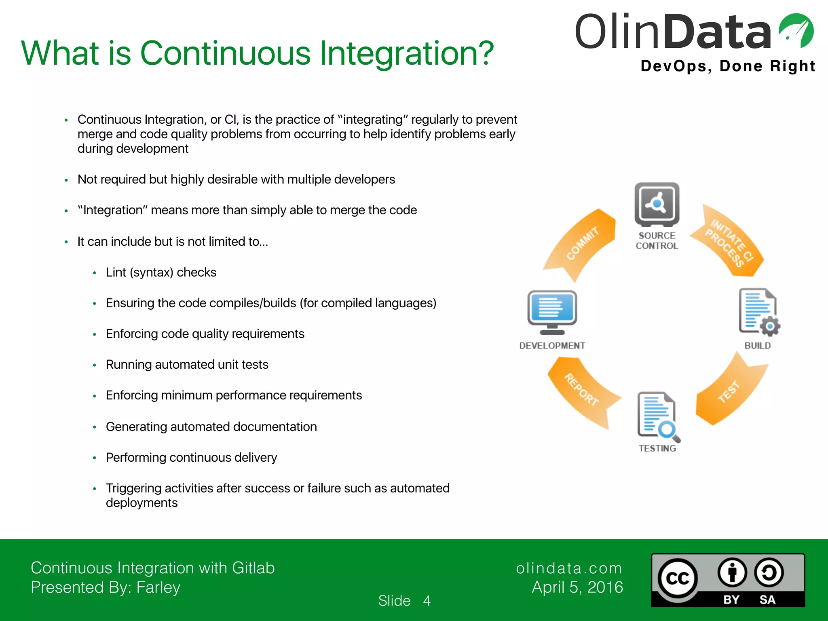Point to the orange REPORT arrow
pos(582,390)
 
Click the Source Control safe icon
pos(657,205)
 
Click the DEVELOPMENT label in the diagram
pos(552,346)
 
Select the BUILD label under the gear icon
pos(758,346)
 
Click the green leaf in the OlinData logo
pos(796,30)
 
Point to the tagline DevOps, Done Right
pos(728,66)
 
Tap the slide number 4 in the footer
pos(427,601)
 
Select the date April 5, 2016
pos(577,587)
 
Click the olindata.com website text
pos(568,568)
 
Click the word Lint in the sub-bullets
pos(116,272)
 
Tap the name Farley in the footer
pos(158,587)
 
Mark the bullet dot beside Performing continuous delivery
pos(94,458)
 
